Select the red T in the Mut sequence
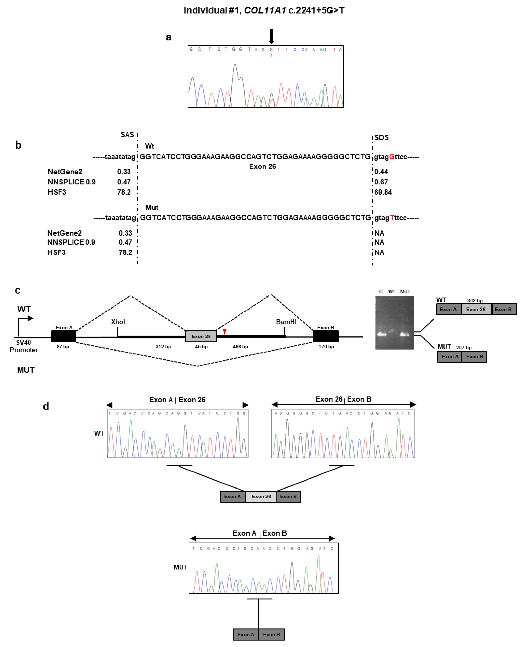coord(392,218)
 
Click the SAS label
coord(127,134)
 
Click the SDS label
coord(382,137)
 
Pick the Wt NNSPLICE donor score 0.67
coord(381,182)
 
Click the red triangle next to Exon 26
coord(224,331)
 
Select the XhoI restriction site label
coord(118,322)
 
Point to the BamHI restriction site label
coord(286,322)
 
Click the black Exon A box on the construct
coord(64,336)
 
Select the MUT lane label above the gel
coord(405,291)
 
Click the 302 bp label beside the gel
coord(474,300)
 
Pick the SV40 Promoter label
coord(24,346)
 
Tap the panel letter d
coord(46,406)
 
